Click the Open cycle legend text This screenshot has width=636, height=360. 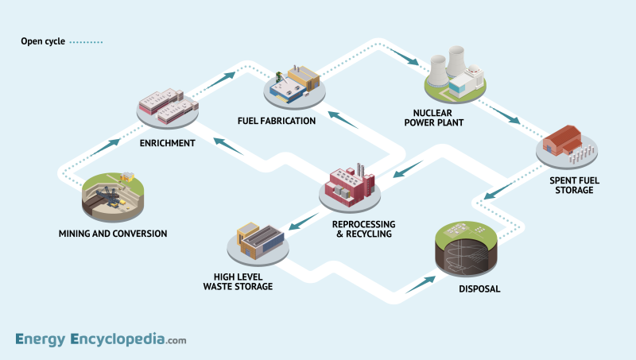[43, 41]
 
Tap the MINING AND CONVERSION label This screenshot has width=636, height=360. [113, 234]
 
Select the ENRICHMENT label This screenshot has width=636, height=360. [168, 143]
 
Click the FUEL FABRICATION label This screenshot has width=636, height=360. [277, 121]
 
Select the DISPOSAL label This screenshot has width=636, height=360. [479, 288]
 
